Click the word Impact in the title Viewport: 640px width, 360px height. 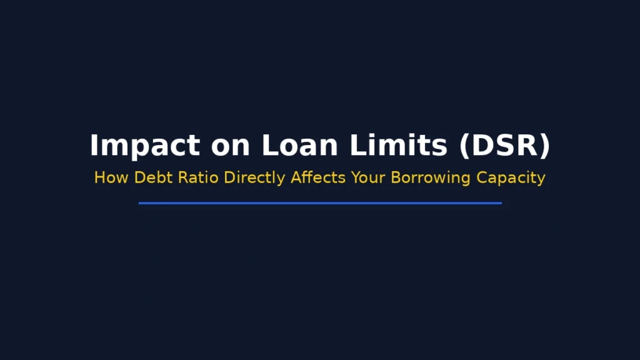144,146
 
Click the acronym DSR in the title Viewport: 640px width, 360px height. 504,146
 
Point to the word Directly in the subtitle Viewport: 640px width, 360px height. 256,178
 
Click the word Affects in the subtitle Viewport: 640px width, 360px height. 318,177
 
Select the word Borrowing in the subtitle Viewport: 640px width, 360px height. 431,178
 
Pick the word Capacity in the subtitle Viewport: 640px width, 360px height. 511,178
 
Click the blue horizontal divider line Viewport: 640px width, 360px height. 320,203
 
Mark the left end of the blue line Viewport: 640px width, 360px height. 140,203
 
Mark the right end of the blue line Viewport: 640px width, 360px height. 500,203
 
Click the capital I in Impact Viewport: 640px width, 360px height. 94,146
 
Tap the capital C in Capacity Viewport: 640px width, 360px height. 482,177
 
